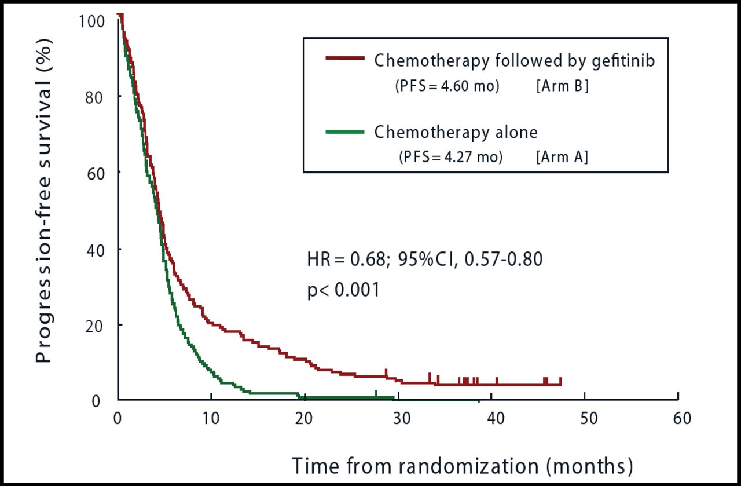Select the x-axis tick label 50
[584, 418]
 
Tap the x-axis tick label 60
[678, 418]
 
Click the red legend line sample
[345, 59]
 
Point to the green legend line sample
[345, 132]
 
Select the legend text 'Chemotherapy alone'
[456, 133]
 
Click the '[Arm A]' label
[561, 157]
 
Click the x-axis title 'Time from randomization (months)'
[461, 465]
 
